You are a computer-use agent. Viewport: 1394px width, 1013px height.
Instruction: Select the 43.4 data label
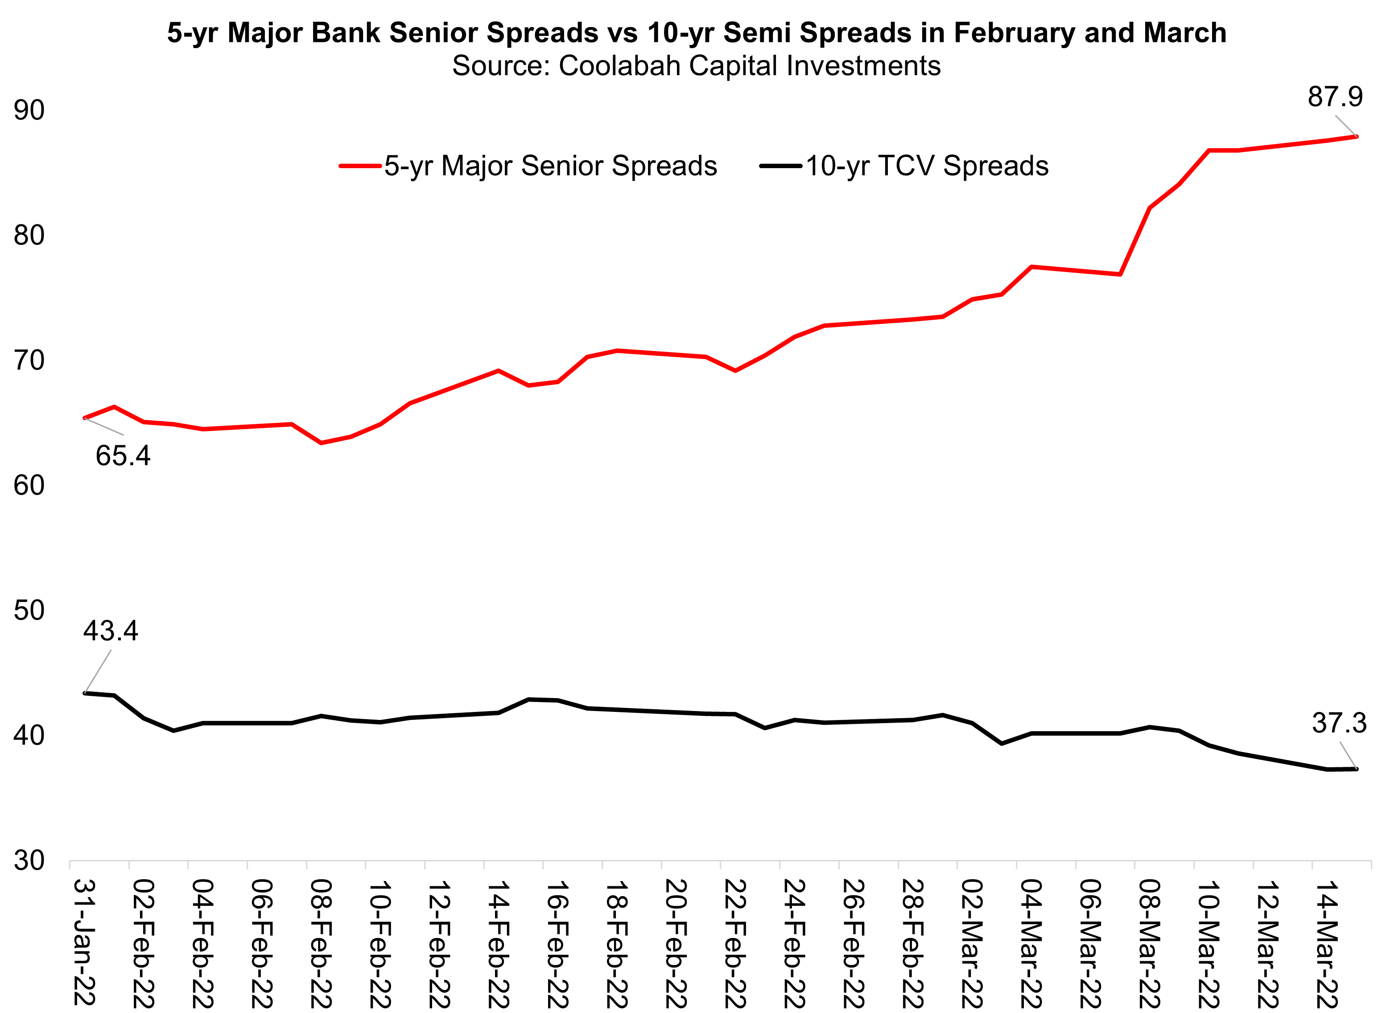tap(111, 631)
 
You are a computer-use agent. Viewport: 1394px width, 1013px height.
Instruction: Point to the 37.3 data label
tap(1339, 724)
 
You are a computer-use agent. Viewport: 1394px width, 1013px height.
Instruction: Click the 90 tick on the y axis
tap(29, 111)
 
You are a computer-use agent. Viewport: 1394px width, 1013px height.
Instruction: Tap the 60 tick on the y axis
tap(29, 486)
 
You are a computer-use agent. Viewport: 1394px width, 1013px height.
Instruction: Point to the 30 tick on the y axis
tap(29, 860)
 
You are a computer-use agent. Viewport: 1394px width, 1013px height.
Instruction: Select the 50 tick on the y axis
tap(29, 611)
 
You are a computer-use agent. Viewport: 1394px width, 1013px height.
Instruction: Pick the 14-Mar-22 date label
tap(1326, 943)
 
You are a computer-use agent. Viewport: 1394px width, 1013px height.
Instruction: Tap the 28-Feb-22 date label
tap(911, 943)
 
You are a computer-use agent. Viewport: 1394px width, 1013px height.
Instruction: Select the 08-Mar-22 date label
tap(1148, 943)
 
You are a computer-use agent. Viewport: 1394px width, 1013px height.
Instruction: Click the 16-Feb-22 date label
tap(557, 943)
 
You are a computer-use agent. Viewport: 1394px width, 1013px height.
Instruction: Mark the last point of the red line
tap(1356, 136)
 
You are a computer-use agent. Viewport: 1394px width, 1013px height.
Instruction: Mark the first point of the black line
tap(85, 693)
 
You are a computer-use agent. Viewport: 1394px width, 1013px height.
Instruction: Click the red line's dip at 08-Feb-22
tap(322, 442)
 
